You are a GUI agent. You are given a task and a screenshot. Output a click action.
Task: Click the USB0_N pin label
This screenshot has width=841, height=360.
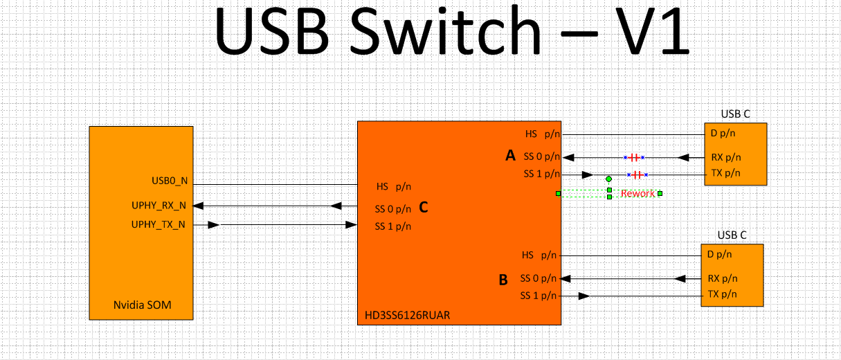169,181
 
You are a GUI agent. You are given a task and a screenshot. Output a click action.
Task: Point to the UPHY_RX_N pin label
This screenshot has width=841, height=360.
159,206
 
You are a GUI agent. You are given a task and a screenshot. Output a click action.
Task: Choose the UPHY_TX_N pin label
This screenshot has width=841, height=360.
159,224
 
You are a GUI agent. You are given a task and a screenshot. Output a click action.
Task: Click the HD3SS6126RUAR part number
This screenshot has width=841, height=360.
407,316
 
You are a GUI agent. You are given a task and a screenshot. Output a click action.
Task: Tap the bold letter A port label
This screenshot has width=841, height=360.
511,156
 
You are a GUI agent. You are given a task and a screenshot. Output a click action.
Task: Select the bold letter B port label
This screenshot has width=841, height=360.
503,280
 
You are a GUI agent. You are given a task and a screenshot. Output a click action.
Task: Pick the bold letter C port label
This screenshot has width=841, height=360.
424,206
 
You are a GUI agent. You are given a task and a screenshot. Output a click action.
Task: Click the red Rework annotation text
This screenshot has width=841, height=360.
637,193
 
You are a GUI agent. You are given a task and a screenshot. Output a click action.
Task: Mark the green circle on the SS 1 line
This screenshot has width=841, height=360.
608,179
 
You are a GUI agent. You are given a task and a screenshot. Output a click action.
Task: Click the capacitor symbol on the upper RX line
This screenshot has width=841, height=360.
634,157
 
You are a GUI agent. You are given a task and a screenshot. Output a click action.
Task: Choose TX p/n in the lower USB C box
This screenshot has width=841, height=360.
723,295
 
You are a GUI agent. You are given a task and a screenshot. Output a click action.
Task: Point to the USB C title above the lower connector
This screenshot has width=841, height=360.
732,235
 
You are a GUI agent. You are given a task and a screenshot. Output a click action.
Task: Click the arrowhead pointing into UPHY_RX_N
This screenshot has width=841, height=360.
198,206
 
